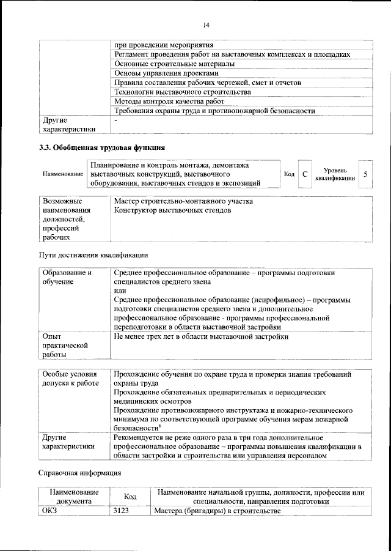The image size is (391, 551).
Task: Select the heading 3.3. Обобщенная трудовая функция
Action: pyautogui.click(x=101, y=147)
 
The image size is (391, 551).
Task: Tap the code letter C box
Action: pyautogui.click(x=304, y=174)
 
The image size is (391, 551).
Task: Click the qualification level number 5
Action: pyautogui.click(x=365, y=174)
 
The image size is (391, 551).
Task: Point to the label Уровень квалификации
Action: pyautogui.click(x=335, y=174)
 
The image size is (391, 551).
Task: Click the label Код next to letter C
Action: pyautogui.click(x=289, y=174)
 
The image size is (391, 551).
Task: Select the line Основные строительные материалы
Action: pyautogui.click(x=174, y=64)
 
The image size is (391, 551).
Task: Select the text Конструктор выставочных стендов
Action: pyautogui.click(x=172, y=210)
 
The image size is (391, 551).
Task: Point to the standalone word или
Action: pyautogui.click(x=120, y=291)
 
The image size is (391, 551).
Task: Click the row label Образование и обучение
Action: pyautogui.click(x=67, y=277)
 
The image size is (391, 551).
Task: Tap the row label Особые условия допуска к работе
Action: pyautogui.click(x=70, y=378)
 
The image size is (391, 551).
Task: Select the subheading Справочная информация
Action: pyautogui.click(x=79, y=472)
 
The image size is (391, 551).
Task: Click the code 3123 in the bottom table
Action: pyautogui.click(x=121, y=511)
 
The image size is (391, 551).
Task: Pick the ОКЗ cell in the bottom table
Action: pyautogui.click(x=49, y=511)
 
